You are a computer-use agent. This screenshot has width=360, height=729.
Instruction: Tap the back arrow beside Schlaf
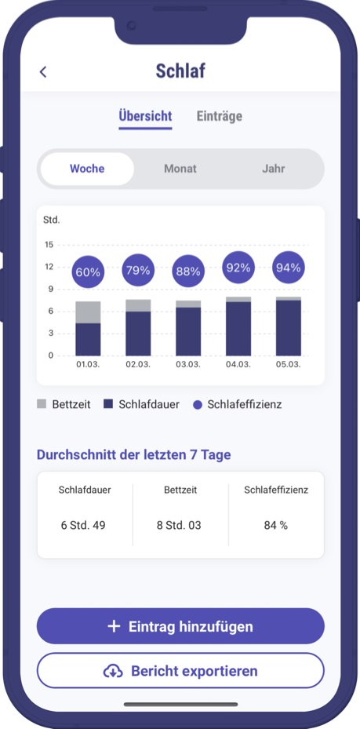[43, 72]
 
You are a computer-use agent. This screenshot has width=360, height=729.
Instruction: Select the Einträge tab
[219, 116]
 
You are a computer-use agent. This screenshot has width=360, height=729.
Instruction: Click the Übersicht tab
[145, 116]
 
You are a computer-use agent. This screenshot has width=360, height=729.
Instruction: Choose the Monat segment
[180, 169]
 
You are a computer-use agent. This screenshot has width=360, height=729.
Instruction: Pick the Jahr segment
[274, 169]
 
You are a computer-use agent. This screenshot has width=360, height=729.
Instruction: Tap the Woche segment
[87, 169]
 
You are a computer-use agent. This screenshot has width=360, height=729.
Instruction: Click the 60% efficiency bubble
[88, 272]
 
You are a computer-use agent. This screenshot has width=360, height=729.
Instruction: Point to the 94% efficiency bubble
[289, 268]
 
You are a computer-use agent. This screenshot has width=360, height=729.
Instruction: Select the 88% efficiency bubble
[188, 272]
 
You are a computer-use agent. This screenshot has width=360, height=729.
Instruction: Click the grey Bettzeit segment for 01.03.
[88, 312]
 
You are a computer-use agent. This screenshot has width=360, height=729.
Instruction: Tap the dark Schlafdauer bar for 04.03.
[238, 329]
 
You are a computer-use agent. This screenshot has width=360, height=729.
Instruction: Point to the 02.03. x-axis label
[138, 365]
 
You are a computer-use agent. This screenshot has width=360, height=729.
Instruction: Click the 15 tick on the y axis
[49, 245]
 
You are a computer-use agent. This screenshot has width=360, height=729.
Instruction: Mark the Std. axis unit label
[52, 220]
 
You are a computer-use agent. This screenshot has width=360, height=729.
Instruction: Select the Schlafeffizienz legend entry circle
[198, 405]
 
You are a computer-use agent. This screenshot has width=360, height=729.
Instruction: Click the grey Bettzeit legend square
[42, 404]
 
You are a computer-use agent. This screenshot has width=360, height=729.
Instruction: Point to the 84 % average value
[276, 525]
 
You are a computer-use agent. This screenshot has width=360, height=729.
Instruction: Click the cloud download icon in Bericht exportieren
[114, 671]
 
